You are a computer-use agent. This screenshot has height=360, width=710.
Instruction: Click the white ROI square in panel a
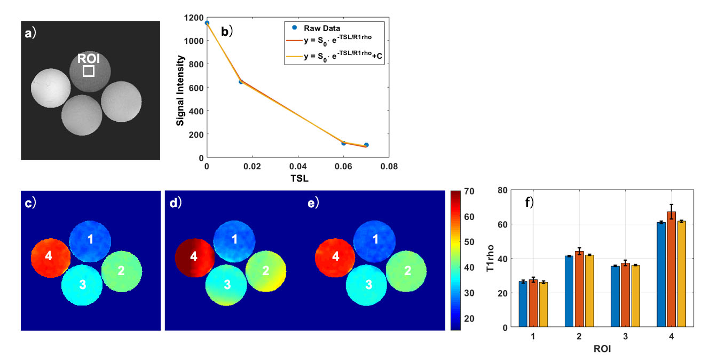[89, 71]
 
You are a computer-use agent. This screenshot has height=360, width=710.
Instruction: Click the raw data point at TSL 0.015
[241, 82]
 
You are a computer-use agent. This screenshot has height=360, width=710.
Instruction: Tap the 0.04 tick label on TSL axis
[298, 167]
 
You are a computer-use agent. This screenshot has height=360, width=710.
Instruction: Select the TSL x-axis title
[298, 179]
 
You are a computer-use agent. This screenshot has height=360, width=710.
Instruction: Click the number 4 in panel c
[49, 256]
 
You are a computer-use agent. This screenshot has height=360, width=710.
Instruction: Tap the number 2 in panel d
[265, 271]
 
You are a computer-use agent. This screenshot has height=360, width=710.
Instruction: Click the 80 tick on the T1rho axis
[502, 190]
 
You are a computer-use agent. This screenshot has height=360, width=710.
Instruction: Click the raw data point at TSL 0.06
[344, 143]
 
